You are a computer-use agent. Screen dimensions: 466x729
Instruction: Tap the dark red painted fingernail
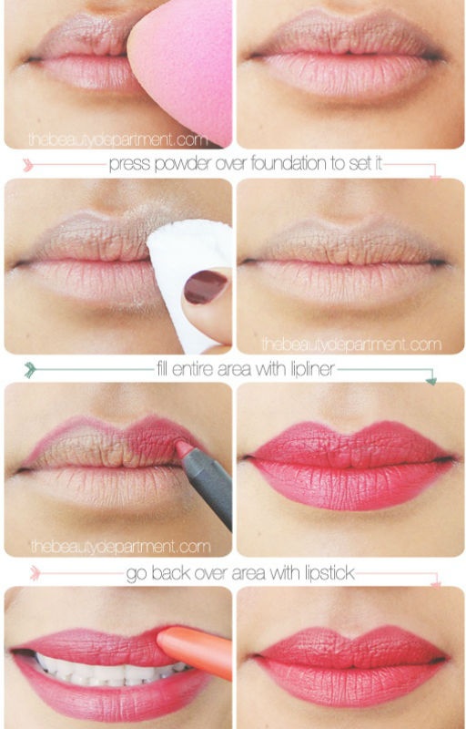point(206,287)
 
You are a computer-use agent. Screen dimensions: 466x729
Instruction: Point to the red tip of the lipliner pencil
point(184,448)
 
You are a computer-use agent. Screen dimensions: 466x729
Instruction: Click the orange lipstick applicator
point(195,651)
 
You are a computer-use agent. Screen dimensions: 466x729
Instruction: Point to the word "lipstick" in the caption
point(330,574)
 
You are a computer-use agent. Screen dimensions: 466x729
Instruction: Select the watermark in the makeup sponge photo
point(118,139)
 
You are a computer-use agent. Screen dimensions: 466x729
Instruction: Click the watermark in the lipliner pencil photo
point(121,547)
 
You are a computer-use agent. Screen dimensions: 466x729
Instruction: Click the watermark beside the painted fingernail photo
point(351,345)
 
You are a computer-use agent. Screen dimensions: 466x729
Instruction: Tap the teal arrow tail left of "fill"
point(30,370)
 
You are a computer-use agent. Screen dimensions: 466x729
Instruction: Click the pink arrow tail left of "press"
point(28,165)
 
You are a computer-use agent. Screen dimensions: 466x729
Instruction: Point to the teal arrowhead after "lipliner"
point(431,380)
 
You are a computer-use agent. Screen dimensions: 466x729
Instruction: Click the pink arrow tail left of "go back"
point(35,573)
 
